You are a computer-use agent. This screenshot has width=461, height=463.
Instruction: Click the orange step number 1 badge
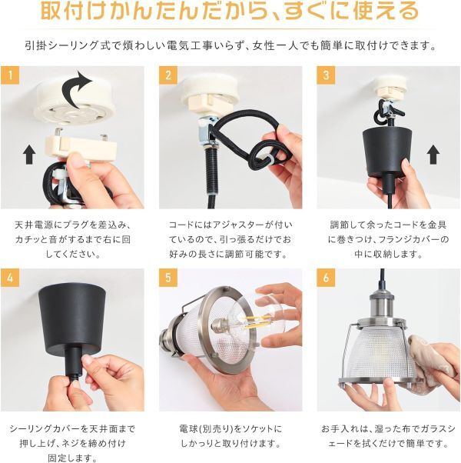click(10, 75)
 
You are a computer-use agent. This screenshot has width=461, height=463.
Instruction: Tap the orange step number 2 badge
click(168, 75)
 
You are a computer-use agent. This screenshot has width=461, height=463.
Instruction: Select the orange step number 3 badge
click(326, 75)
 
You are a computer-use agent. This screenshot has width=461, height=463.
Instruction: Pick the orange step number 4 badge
click(10, 278)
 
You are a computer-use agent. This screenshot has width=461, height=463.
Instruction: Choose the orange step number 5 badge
click(168, 278)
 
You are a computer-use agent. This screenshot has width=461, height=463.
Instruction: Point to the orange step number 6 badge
click(326, 278)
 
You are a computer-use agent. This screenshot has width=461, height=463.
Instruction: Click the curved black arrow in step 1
click(75, 88)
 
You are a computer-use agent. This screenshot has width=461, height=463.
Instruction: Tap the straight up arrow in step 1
click(29, 154)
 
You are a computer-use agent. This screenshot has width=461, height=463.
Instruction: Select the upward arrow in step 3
click(433, 154)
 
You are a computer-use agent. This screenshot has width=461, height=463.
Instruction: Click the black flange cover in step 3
click(386, 152)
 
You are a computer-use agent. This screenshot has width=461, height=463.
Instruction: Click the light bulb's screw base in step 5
click(219, 325)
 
